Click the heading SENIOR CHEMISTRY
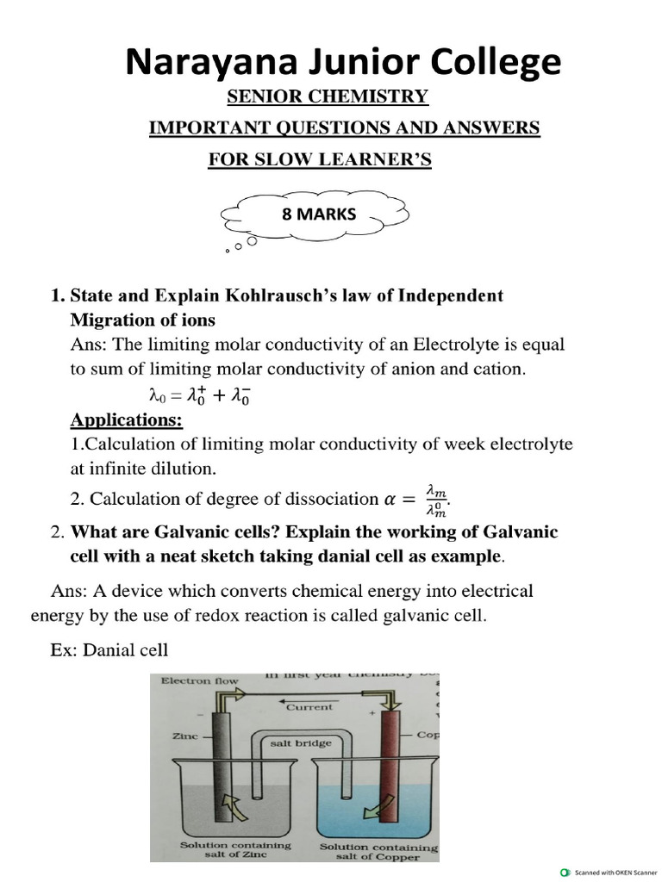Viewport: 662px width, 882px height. [327, 96]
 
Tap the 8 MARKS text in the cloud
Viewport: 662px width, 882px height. [318, 214]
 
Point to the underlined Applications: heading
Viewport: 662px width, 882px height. [126, 420]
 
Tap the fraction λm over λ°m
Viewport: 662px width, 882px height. [436, 499]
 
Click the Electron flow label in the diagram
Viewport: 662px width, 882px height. [199, 680]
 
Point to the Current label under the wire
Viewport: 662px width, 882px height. [309, 706]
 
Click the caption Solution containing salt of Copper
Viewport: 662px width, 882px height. [379, 852]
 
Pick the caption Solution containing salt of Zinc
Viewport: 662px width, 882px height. [235, 850]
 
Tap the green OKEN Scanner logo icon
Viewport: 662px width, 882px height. [565, 872]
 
